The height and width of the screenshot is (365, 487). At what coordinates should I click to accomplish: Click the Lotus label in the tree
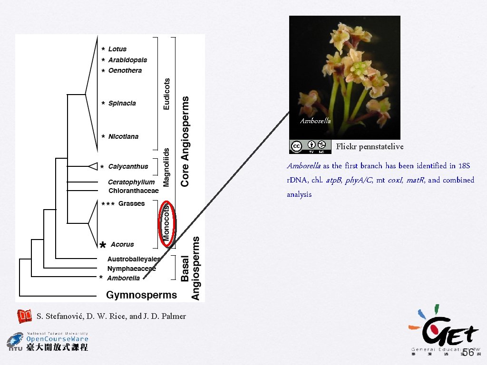(117, 49)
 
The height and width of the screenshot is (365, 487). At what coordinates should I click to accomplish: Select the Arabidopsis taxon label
(127, 60)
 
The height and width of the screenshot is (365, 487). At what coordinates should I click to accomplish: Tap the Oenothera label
(125, 70)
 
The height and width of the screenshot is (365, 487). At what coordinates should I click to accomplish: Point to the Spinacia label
(122, 103)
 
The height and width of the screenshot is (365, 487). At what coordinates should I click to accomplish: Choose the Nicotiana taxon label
(123, 136)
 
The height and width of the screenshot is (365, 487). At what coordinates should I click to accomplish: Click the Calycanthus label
(128, 166)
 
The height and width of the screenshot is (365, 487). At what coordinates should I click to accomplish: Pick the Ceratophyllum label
(131, 182)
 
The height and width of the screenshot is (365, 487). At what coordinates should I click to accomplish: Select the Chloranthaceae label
(133, 191)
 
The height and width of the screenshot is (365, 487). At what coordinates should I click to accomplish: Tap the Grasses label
(131, 203)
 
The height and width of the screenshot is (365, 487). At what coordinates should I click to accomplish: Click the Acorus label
(122, 244)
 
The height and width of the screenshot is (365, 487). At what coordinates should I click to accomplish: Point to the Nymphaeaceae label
(131, 269)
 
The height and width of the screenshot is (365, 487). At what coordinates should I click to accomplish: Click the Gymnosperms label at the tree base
(141, 295)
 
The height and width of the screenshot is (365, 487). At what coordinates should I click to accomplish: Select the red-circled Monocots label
(166, 224)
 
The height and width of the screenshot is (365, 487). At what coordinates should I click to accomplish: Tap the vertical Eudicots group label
(166, 94)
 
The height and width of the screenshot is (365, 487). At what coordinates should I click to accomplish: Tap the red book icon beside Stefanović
(24, 316)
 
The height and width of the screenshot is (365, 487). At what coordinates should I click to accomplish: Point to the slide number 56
(468, 352)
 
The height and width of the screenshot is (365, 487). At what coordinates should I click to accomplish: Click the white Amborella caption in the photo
(315, 121)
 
